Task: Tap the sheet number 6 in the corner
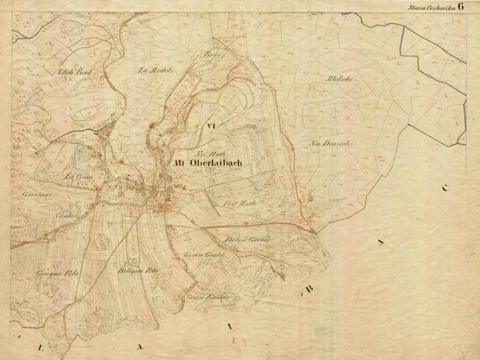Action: [x=460, y=6]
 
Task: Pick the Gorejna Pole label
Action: [x=51, y=273]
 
